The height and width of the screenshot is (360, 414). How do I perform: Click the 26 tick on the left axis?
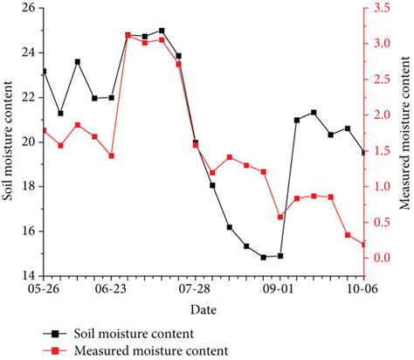click(29, 8)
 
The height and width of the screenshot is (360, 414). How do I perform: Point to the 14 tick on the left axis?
click(29, 274)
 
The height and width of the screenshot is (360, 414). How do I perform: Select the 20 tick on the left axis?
click(29, 142)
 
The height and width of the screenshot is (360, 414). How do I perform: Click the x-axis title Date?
click(204, 308)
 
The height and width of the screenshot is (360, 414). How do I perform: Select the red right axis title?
click(404, 140)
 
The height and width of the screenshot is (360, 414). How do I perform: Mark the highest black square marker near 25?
click(162, 31)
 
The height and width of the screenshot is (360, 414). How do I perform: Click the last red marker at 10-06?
click(364, 245)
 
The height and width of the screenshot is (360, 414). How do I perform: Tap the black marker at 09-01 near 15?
click(279, 256)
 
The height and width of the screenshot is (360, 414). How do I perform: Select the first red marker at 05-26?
click(45, 130)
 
